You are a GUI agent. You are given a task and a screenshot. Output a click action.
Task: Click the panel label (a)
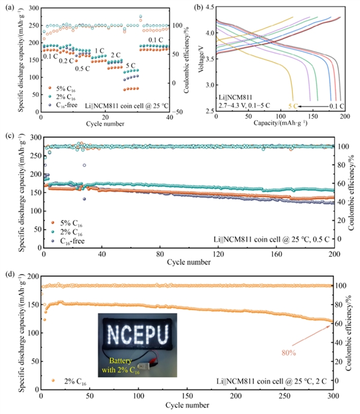coord(7,7)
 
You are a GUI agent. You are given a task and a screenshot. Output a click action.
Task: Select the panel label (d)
coord(7,274)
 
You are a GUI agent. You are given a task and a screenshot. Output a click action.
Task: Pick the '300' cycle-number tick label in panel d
coord(333,397)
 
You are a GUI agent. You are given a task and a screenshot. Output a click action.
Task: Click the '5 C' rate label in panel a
coord(131,66)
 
